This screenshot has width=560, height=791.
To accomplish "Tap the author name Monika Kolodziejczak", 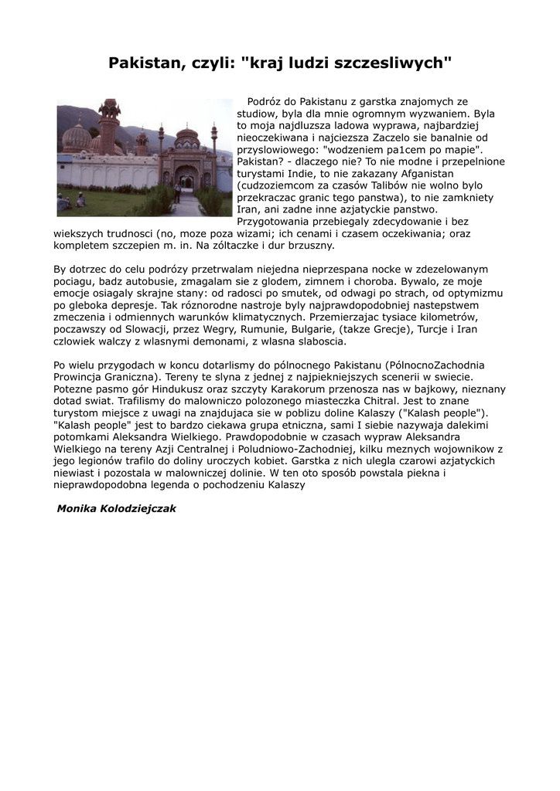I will coord(117,509).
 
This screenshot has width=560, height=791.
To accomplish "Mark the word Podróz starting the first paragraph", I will coord(262,101).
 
